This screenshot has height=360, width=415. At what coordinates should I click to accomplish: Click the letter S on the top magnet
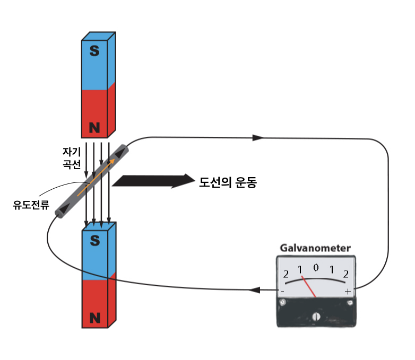pos(94,51)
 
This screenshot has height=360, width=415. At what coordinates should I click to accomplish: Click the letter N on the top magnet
pos(94,127)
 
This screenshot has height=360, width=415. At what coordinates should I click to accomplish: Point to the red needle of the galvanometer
pos(309,286)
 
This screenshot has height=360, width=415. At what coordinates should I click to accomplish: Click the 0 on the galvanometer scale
pos(316,268)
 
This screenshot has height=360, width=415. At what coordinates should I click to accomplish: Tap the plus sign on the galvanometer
pos(348,292)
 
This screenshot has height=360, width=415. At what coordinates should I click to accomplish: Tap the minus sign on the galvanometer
pos(282,292)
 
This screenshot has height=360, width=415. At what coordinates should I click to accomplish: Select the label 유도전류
pos(31,204)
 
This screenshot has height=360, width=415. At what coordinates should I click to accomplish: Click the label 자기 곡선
pos(71,157)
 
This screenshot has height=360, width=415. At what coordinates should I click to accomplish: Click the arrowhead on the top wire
pos(257,138)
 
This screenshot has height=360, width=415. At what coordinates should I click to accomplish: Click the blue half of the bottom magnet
pos(95,254)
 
